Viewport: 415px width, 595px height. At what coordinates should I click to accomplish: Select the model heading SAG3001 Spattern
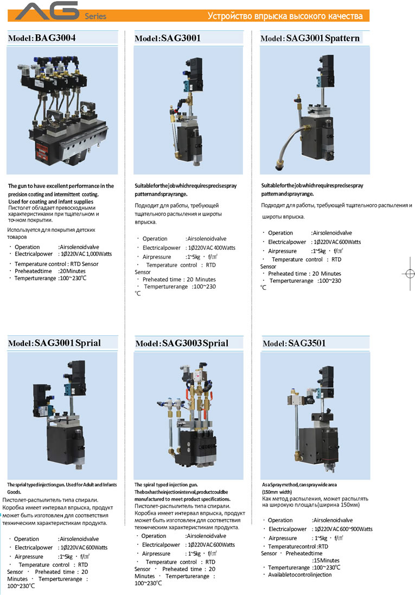tap(310, 39)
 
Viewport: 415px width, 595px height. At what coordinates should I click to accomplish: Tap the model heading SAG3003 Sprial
tap(182, 343)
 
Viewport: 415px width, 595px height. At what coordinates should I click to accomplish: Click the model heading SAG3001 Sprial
tap(54, 343)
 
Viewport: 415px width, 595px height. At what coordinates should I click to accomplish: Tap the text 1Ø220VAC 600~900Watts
tap(342, 529)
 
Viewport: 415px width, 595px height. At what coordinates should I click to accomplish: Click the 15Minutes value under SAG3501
tap(326, 560)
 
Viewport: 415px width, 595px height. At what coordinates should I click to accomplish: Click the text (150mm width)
tap(277, 491)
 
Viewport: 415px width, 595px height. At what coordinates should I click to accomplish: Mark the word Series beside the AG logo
tap(95, 17)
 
